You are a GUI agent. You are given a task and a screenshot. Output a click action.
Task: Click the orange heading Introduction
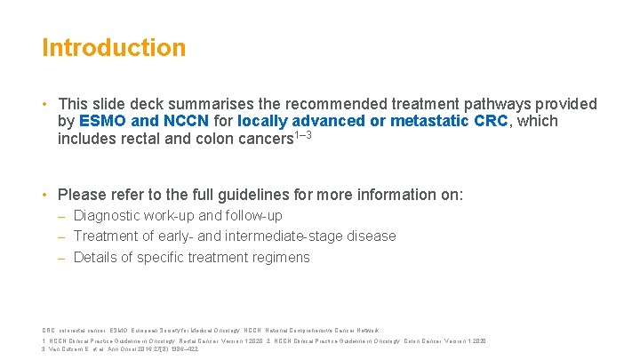[114, 47]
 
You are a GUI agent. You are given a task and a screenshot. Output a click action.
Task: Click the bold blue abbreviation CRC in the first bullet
[492, 122]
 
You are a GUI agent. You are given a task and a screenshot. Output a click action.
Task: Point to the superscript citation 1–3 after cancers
[303, 135]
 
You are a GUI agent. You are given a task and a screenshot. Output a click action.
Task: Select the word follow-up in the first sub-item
[252, 215]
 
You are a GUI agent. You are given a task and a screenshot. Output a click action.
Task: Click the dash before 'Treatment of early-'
[62, 236]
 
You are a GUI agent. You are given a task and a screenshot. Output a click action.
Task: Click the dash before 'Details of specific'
[62, 258]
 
